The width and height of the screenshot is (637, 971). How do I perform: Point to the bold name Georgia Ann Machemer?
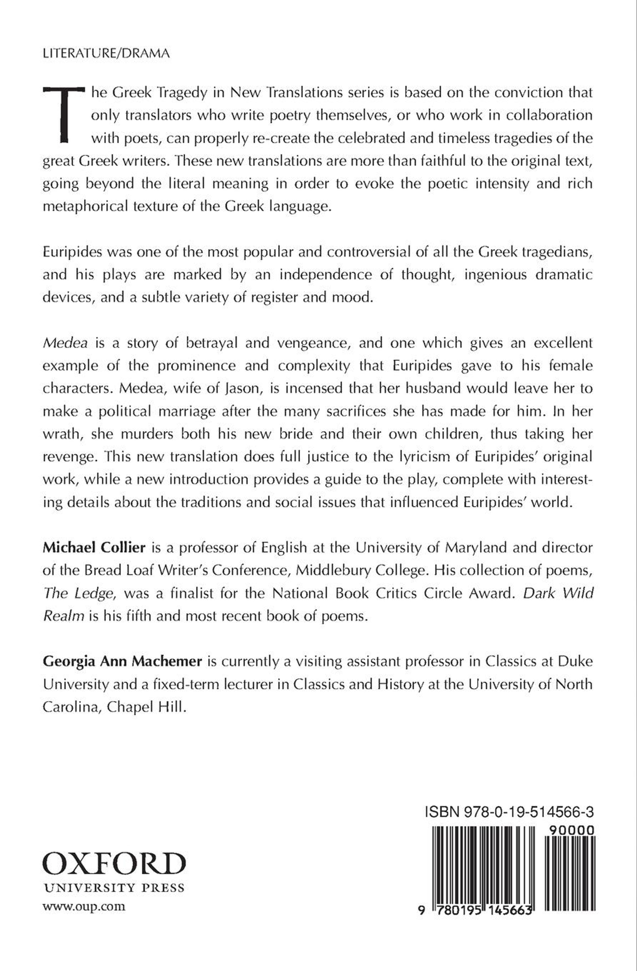tap(122, 661)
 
